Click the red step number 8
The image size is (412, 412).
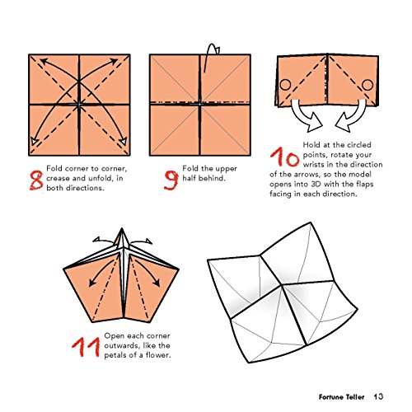(36, 180)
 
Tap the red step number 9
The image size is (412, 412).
(171, 180)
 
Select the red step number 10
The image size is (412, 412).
(284, 157)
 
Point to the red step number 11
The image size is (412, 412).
(86, 347)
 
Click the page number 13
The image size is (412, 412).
(378, 396)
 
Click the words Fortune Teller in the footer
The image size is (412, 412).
(341, 397)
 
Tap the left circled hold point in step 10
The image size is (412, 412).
(285, 85)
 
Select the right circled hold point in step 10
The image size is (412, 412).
(368, 85)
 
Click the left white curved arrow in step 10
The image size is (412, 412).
(302, 116)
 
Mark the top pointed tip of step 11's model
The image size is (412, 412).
(122, 228)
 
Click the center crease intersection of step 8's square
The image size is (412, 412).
(79, 105)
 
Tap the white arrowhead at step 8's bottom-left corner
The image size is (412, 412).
(34, 142)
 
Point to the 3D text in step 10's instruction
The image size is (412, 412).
(316, 184)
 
